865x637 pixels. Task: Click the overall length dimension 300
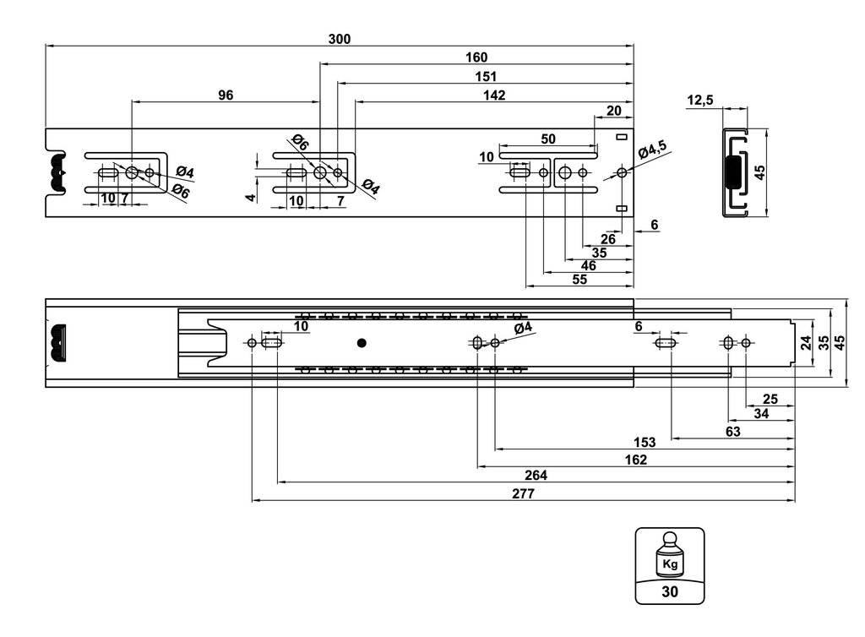point(340,39)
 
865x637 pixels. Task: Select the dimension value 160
point(476,57)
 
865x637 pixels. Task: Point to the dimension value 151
point(485,77)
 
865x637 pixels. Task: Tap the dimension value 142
point(494,95)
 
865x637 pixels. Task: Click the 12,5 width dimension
point(700,101)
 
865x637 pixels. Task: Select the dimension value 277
point(523,494)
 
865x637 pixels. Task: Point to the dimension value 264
point(536,476)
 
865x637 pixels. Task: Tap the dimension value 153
point(644,442)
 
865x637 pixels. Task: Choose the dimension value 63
point(732,431)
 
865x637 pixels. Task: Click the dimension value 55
point(579,280)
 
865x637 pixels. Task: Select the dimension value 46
point(588,265)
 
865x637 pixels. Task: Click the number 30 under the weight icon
point(670,591)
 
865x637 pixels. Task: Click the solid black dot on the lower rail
point(362,343)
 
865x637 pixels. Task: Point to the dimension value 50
point(548,138)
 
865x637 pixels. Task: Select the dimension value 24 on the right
point(806,343)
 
